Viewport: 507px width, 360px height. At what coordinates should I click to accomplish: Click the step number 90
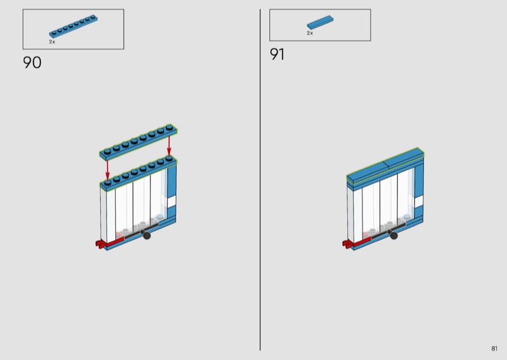[x=32, y=62]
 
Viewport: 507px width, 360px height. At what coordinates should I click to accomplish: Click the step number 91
[x=277, y=54]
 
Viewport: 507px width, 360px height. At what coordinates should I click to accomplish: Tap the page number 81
[x=494, y=349]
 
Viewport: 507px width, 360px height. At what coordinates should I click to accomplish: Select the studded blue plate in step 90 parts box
[x=74, y=26]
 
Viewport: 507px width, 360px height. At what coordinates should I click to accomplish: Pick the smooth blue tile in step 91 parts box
[x=320, y=22]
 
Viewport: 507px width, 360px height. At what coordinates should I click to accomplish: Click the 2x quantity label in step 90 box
[x=52, y=42]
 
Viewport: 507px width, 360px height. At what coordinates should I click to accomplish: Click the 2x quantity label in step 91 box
[x=310, y=33]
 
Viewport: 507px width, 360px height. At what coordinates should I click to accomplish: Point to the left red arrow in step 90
[x=107, y=169]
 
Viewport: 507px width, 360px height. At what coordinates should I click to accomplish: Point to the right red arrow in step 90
[x=169, y=146]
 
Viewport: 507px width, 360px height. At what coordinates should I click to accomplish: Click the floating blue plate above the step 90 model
[x=138, y=142]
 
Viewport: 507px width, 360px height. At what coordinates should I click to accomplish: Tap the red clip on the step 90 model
[x=100, y=244]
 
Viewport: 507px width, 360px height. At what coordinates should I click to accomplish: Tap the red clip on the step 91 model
[x=347, y=244]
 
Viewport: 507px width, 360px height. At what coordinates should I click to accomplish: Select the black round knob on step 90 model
[x=146, y=235]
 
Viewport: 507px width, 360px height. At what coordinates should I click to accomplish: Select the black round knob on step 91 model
[x=394, y=235]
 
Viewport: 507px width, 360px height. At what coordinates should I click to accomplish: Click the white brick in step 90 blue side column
[x=171, y=202]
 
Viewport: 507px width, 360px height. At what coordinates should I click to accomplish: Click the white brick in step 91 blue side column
[x=419, y=202]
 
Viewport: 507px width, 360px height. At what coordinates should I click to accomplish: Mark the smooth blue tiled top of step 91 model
[x=385, y=165]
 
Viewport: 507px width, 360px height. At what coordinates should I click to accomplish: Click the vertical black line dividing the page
[x=260, y=180]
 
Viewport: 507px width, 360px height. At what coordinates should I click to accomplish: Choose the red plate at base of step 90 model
[x=115, y=241]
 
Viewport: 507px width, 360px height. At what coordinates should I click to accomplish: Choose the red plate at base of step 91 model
[x=362, y=241]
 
